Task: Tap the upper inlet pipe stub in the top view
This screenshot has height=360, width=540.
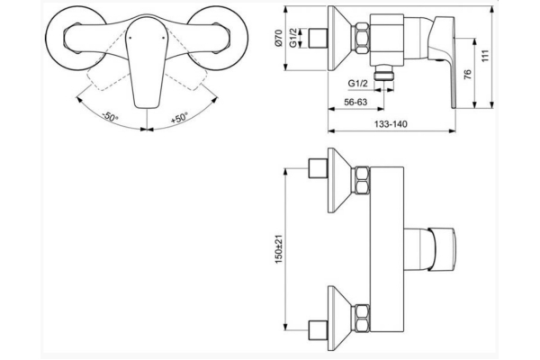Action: (x=317, y=170)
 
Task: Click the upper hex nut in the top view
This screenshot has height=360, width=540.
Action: (x=363, y=180)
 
